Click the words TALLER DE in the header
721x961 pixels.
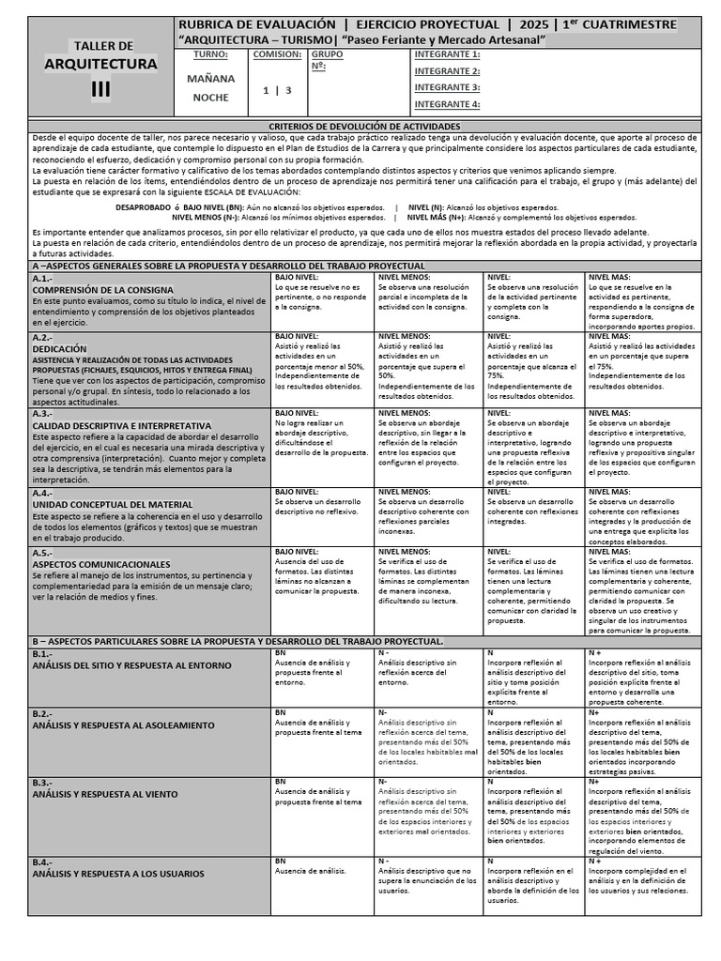[x=103, y=46]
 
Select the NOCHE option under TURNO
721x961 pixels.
[x=210, y=97]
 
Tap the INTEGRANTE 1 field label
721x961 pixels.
[x=447, y=54]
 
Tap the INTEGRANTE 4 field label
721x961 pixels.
[x=447, y=104]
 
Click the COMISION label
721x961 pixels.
[x=277, y=54]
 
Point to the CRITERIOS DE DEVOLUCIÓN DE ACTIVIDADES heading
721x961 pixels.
[x=364, y=125]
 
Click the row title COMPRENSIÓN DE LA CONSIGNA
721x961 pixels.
[x=102, y=290]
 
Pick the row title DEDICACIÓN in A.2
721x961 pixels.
[x=59, y=348]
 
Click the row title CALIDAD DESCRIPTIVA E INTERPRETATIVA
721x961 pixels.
[x=122, y=425]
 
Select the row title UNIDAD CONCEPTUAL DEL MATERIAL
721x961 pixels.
[x=113, y=504]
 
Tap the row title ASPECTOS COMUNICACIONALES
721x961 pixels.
[x=101, y=565]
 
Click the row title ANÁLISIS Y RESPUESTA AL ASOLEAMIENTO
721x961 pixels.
[x=123, y=725]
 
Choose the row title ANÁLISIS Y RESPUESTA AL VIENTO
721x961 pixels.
[x=104, y=794]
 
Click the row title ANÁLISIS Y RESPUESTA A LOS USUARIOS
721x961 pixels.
[x=117, y=873]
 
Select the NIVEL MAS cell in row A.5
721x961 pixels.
[x=642, y=591]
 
